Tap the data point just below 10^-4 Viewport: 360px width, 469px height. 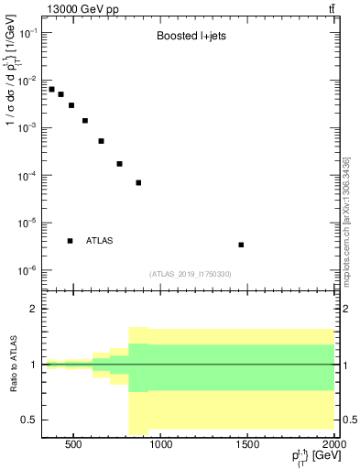[138, 182]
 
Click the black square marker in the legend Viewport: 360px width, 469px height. [70, 241]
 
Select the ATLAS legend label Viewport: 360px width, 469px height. [100, 241]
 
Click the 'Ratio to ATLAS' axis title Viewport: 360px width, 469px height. [12, 364]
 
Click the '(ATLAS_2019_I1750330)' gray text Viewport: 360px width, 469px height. [190, 274]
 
